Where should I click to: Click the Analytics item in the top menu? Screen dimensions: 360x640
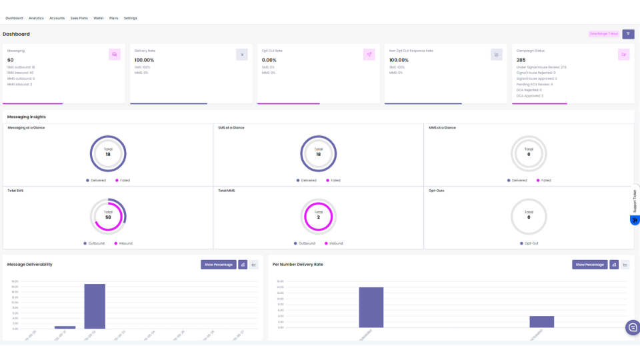click(x=36, y=18)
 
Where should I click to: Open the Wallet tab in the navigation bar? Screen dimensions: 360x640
click(x=99, y=18)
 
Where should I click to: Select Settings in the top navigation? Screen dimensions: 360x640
click(x=131, y=18)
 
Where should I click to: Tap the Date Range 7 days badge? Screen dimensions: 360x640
click(x=603, y=33)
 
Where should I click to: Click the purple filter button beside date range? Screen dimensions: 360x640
click(x=627, y=33)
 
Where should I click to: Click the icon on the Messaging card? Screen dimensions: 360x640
click(x=115, y=55)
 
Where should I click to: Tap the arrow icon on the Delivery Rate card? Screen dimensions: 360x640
click(x=242, y=55)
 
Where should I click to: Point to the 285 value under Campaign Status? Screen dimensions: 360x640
click(x=521, y=60)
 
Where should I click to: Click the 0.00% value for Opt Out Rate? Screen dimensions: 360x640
click(x=269, y=60)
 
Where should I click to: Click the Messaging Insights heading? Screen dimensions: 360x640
click(x=27, y=117)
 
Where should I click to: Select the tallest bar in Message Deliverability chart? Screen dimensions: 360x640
click(x=95, y=306)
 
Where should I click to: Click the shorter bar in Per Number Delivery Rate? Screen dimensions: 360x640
click(x=541, y=321)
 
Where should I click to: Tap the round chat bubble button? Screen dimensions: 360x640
click(x=632, y=327)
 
